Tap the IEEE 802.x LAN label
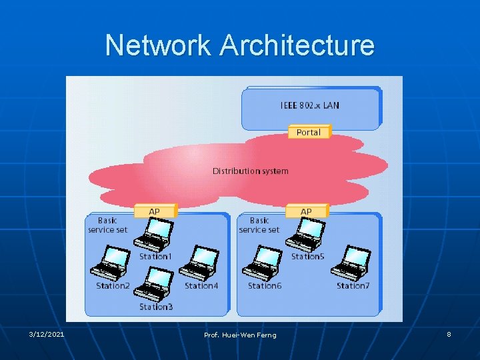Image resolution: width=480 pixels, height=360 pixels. (309, 105)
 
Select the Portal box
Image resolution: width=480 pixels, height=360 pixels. (309, 132)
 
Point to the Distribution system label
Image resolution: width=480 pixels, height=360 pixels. (250, 171)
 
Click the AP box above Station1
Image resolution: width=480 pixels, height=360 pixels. (155, 211)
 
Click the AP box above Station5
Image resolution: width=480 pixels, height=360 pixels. (306, 211)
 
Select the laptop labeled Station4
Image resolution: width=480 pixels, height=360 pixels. (198, 262)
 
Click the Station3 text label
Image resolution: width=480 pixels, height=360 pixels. (156, 307)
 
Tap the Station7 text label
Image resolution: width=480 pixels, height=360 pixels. (353, 285)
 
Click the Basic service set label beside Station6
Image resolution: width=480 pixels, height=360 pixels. (259, 225)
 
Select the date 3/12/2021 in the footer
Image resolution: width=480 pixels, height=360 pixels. (47, 333)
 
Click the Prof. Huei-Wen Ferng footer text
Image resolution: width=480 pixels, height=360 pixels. (240, 334)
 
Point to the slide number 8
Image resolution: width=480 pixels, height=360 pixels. (449, 333)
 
